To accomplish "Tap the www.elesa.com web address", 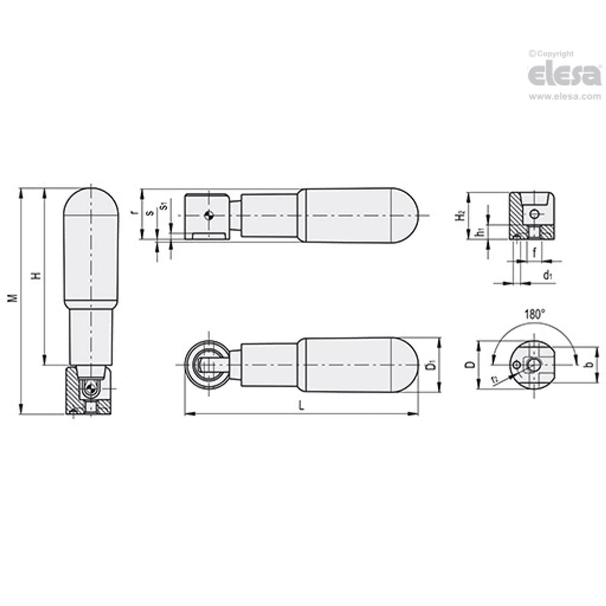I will tap(565, 96).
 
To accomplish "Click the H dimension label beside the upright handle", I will tap(36, 276).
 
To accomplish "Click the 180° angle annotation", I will tap(534, 315).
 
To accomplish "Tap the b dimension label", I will tap(590, 364).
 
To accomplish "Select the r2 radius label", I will tap(494, 379).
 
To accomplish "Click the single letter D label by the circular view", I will tap(469, 365).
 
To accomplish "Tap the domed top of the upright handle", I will tap(91, 200).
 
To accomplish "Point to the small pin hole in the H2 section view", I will tap(535, 215).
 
